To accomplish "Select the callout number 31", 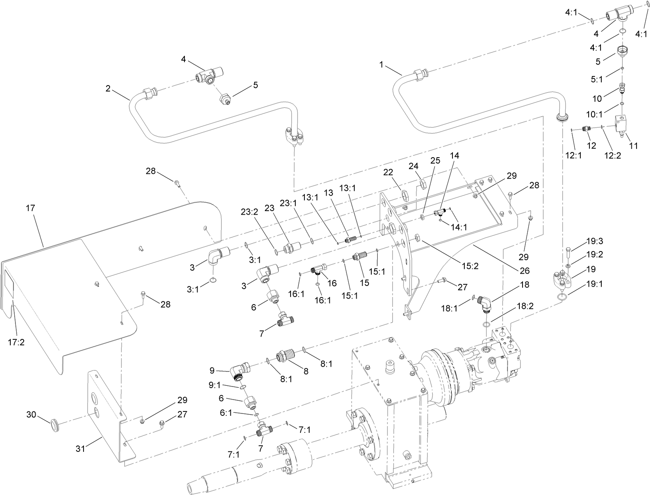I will pyautogui.click(x=81, y=449).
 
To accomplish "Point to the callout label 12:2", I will pyautogui.click(x=613, y=155).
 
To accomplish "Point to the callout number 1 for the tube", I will pyautogui.click(x=381, y=65).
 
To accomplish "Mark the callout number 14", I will pyautogui.click(x=454, y=156).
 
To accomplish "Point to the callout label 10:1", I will pyautogui.click(x=593, y=114).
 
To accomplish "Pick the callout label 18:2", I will pyautogui.click(x=525, y=307).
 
